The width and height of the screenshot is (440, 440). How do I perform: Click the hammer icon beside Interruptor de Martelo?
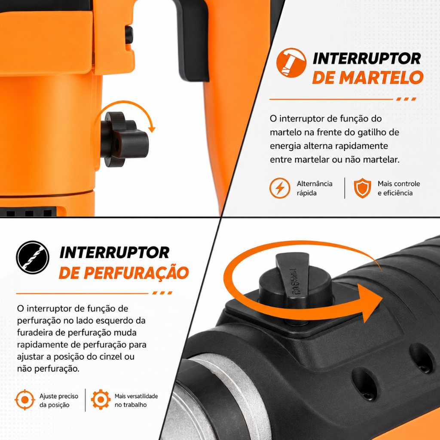point(291,63)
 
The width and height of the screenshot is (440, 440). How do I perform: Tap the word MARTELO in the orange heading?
point(381,77)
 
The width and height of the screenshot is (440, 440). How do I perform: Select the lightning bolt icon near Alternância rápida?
point(280,188)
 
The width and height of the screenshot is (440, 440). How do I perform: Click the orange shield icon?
point(362,188)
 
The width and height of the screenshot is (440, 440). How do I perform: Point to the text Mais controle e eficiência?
point(398,188)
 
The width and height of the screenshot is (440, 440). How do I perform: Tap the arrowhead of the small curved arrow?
point(152,129)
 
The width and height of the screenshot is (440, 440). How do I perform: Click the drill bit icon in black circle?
point(33,257)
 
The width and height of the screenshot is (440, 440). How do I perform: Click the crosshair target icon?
point(25,400)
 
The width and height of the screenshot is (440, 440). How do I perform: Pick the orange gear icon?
point(101,400)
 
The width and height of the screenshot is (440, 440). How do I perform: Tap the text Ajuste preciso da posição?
point(58,400)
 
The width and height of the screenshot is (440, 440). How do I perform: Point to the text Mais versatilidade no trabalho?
point(136,400)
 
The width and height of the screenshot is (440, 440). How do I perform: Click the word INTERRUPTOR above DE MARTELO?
point(367,58)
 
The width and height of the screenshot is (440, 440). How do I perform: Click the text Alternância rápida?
point(314,188)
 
